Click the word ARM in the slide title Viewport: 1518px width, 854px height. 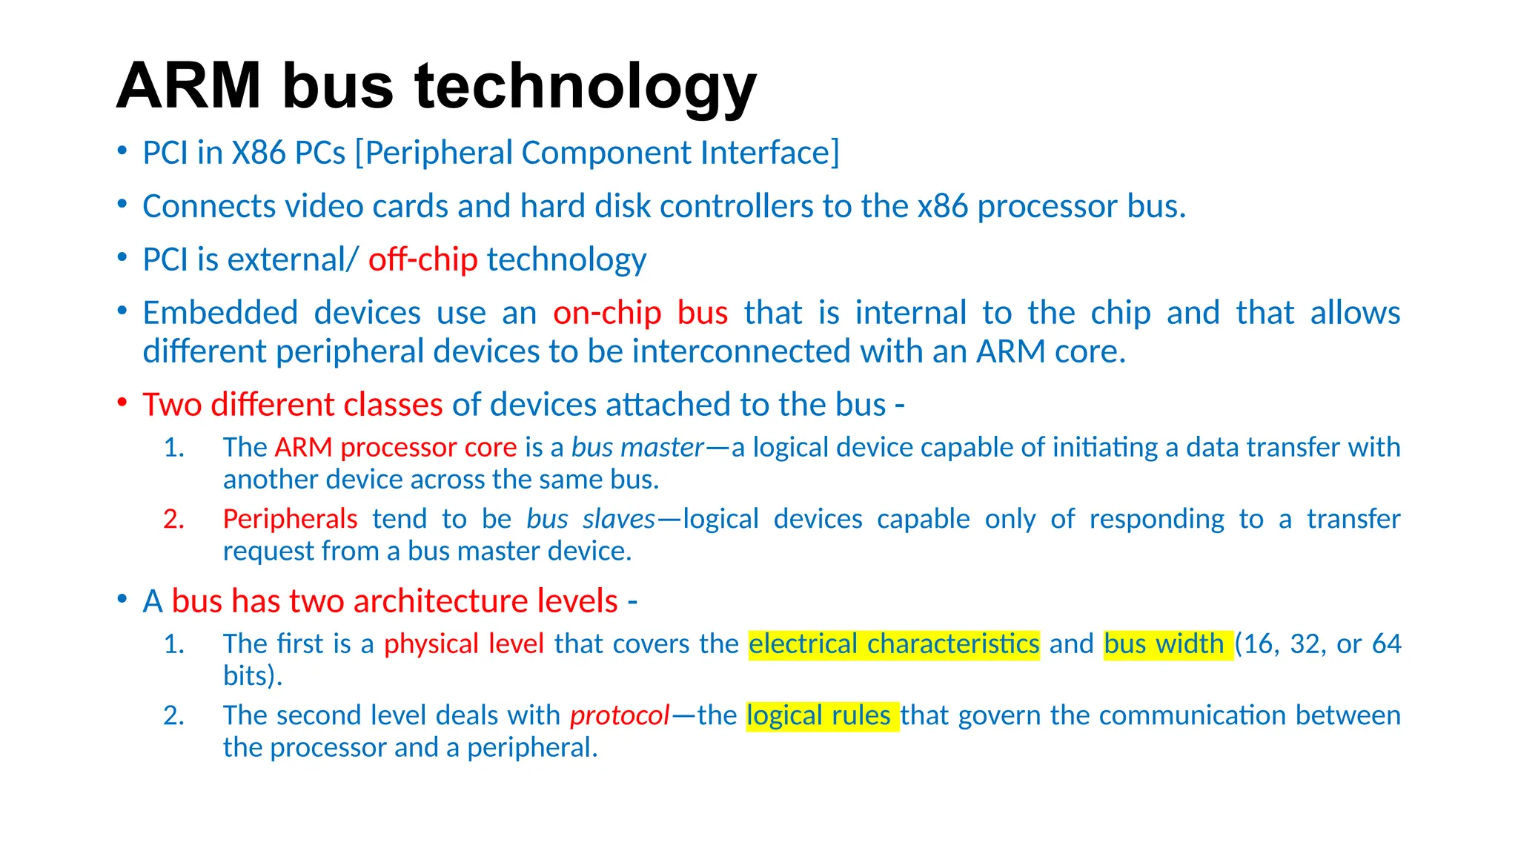pyautogui.click(x=188, y=86)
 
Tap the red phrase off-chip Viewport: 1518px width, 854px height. pyautogui.click(x=422, y=259)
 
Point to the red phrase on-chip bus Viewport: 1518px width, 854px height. pyautogui.click(x=640, y=313)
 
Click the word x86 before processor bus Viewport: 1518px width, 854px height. pyautogui.click(x=943, y=206)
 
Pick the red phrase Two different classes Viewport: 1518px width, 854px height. pyautogui.click(x=293, y=405)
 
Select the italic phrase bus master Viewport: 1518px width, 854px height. pyautogui.click(x=637, y=448)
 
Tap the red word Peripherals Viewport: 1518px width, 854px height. pyautogui.click(x=290, y=519)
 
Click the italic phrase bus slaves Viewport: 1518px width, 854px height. pyautogui.click(x=591, y=519)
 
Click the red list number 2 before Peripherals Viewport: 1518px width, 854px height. pyautogui.click(x=173, y=520)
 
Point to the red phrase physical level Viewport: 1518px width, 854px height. pyautogui.click(x=464, y=643)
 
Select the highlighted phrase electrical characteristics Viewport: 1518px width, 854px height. pyautogui.click(x=894, y=643)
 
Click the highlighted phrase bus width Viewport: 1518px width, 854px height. pyautogui.click(x=1164, y=643)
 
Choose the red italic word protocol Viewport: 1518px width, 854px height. pyautogui.click(x=620, y=715)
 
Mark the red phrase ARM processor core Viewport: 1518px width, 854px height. pyautogui.click(x=395, y=448)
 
